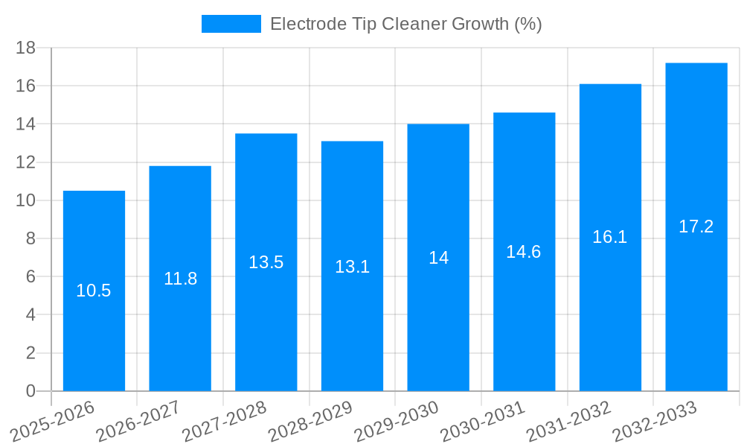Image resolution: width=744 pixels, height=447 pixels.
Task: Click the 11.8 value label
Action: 180,279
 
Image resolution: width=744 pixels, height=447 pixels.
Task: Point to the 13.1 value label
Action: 352,267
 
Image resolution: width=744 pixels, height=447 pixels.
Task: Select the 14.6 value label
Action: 524,252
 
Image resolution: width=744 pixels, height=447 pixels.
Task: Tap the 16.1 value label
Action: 610,237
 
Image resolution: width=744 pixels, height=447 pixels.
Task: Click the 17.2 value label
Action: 696,226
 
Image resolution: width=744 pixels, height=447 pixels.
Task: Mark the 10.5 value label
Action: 94,291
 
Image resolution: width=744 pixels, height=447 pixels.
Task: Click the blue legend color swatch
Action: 231,24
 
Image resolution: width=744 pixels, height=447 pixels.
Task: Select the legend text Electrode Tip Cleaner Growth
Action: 405,24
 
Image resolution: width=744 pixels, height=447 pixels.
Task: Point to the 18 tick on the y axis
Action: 26,48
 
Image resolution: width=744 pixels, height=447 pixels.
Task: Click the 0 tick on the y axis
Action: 31,391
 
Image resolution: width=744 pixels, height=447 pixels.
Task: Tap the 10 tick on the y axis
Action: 26,200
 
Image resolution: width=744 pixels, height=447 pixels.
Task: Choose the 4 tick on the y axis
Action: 31,315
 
